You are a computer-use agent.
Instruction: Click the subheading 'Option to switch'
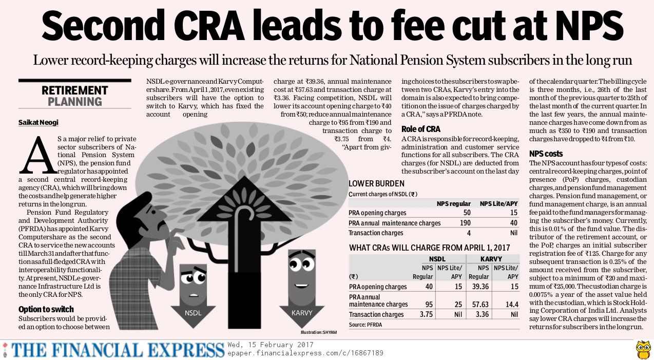click(46, 309)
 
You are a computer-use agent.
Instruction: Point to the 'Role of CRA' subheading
click(421, 129)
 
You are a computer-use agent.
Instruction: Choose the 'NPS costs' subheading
click(546, 154)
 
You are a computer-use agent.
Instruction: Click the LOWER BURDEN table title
click(376, 183)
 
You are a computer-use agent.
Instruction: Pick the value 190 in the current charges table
click(465, 223)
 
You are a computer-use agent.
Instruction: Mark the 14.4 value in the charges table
click(512, 305)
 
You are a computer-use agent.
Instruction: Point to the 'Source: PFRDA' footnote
click(366, 325)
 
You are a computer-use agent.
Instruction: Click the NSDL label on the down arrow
click(194, 312)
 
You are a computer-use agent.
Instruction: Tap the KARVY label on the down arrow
click(302, 312)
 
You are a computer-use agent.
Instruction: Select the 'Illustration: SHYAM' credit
click(319, 333)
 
